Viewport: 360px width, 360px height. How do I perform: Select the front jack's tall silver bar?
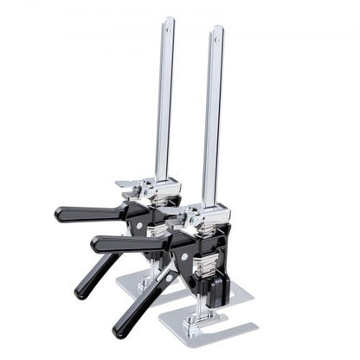tap(213, 121)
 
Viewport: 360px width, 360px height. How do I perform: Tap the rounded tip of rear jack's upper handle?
tap(59, 213)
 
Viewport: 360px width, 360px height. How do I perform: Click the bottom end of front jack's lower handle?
tap(117, 331)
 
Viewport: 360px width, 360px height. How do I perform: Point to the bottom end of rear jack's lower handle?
tap(79, 295)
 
